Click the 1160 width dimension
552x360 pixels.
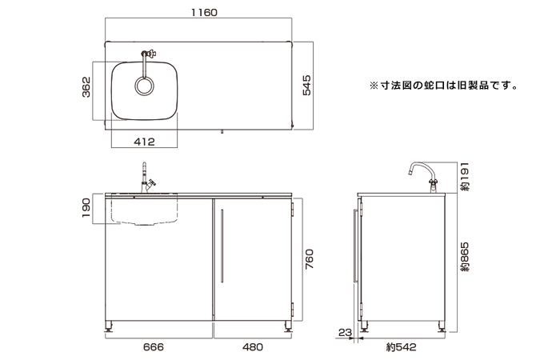click(x=202, y=14)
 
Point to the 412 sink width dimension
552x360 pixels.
click(x=144, y=142)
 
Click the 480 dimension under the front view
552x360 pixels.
click(x=253, y=348)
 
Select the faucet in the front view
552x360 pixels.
click(x=146, y=178)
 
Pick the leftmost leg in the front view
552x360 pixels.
click(x=111, y=326)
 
